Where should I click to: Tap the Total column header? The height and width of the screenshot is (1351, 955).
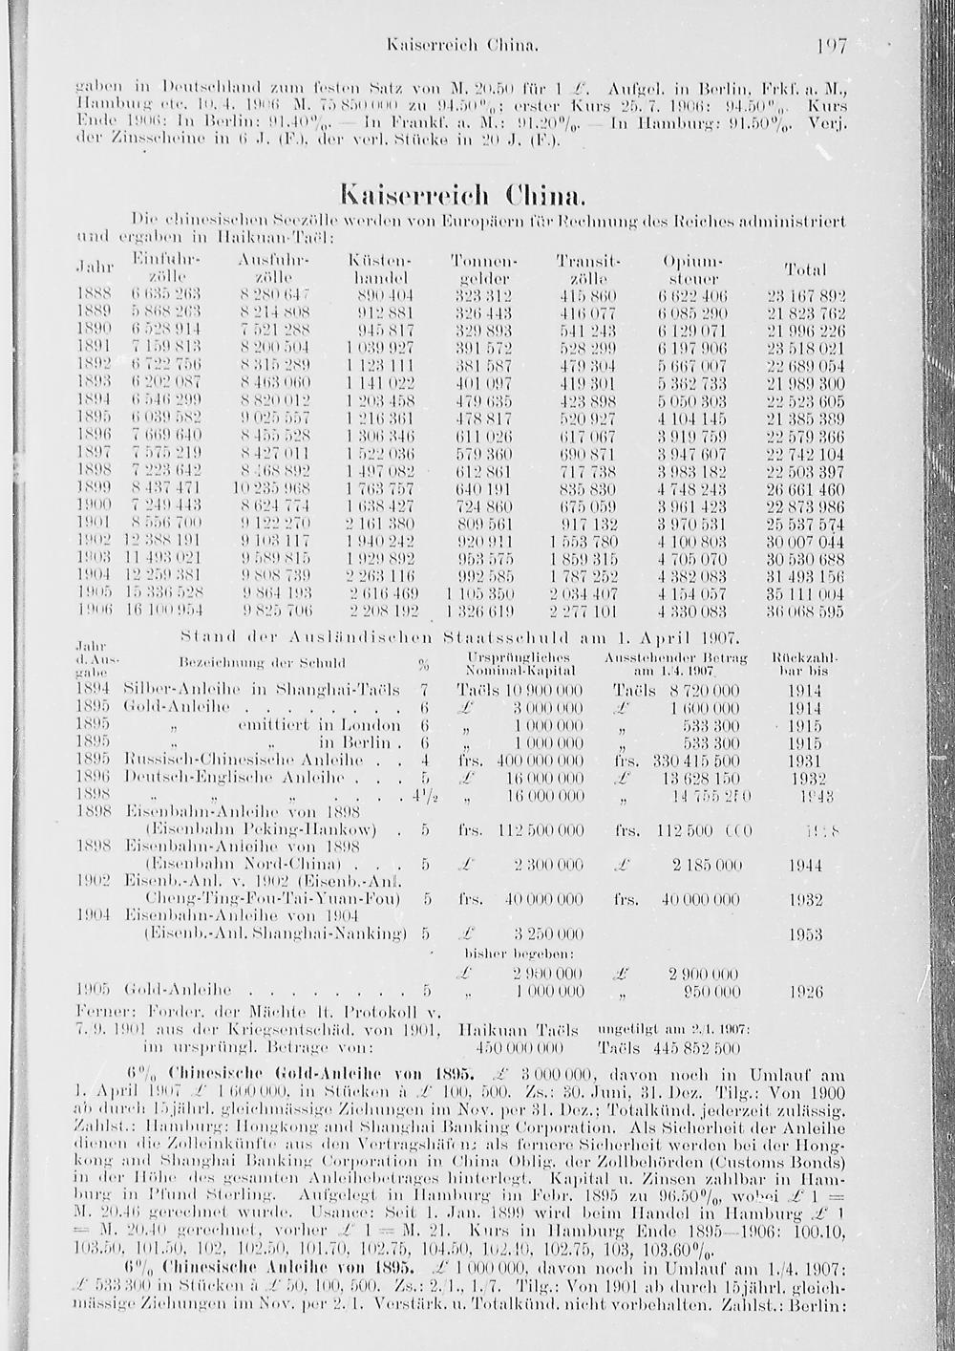[x=804, y=269]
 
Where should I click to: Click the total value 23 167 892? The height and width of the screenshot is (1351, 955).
[x=806, y=294]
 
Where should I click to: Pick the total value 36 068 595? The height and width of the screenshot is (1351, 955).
[x=806, y=611]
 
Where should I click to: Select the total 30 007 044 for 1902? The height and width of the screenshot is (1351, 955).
[x=806, y=541]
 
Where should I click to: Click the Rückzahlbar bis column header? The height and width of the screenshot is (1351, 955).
[x=804, y=665]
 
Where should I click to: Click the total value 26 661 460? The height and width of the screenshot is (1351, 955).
[x=806, y=488]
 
